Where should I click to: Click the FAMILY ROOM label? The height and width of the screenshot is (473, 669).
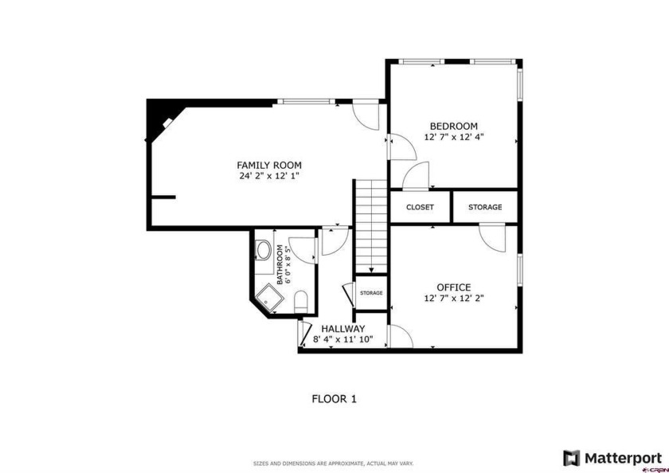(269, 165)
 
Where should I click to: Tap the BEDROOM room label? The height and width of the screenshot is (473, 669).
(453, 127)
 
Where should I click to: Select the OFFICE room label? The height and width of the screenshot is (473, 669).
(453, 287)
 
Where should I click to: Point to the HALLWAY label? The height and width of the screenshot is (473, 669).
(343, 329)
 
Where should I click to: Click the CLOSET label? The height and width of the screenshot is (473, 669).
(420, 207)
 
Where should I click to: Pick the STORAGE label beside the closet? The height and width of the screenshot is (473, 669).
(485, 207)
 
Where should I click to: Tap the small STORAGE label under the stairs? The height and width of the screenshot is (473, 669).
(371, 293)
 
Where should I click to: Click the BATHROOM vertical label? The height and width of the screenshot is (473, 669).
(280, 264)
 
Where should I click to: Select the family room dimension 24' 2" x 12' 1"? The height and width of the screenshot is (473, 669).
(269, 176)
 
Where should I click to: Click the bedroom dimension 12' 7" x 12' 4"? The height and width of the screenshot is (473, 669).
(453, 137)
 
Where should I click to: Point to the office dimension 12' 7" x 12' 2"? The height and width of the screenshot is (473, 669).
(453, 298)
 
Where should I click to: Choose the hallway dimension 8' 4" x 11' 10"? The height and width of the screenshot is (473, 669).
(343, 339)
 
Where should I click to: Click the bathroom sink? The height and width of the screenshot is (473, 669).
(263, 250)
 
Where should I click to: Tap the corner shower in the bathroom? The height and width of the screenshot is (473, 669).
(269, 298)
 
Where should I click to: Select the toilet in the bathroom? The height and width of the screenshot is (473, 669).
(301, 302)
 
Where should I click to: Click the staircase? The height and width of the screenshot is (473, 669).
(371, 226)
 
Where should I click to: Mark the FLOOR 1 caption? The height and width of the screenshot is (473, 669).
(334, 399)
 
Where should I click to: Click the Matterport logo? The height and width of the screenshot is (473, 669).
(612, 458)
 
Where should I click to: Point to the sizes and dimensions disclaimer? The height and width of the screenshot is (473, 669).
(333, 463)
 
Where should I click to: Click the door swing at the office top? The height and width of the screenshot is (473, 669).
(492, 237)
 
